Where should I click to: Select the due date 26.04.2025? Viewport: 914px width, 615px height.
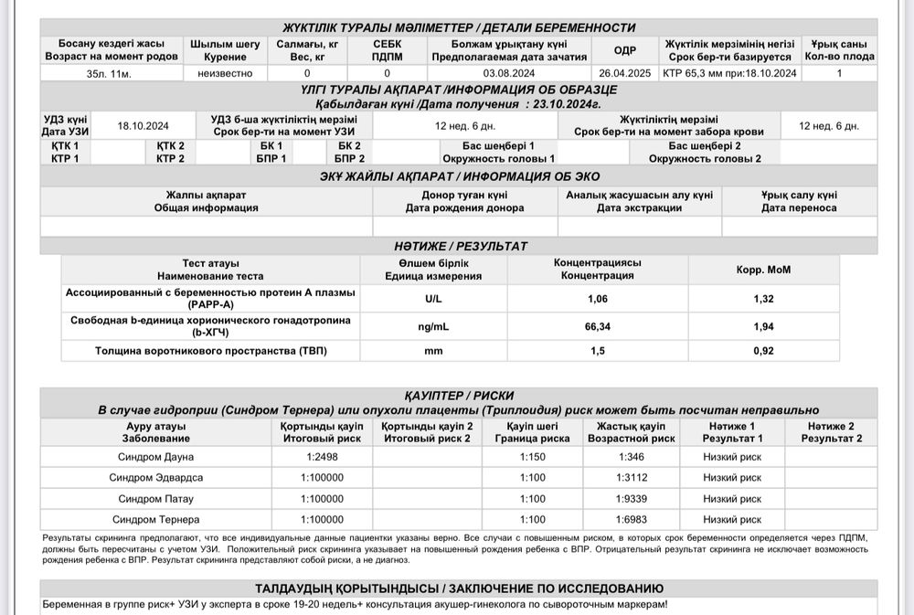[625, 73]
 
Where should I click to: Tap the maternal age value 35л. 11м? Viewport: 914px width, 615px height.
[110, 73]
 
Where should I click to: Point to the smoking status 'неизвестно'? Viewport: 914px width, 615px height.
[225, 73]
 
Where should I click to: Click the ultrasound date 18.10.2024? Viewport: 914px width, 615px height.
[143, 126]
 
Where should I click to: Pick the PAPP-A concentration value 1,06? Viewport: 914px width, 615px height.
[598, 299]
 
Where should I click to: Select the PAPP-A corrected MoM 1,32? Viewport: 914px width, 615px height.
[763, 299]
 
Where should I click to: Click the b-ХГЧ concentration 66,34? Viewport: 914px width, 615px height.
[598, 325]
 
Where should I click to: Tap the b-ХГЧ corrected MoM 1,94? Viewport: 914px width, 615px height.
[763, 325]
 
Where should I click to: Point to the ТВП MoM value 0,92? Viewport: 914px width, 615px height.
[763, 351]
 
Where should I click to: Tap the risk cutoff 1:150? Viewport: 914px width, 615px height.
[532, 457]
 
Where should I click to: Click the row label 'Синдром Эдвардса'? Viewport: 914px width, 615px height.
[156, 478]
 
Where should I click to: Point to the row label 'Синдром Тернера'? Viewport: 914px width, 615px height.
[156, 520]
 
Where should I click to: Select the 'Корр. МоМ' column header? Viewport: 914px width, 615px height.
[763, 270]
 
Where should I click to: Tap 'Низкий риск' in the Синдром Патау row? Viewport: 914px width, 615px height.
[732, 499]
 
